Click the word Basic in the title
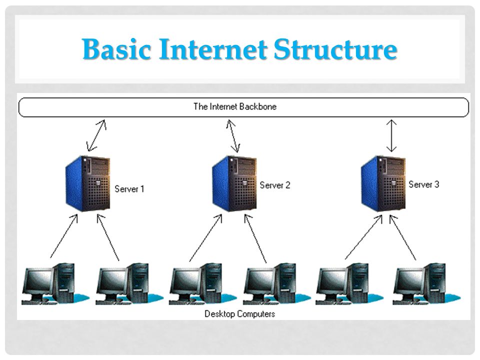(x=116, y=49)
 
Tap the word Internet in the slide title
(x=213, y=49)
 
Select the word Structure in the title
(x=335, y=49)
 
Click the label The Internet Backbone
(x=235, y=106)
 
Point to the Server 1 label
(x=129, y=189)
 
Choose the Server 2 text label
(x=275, y=185)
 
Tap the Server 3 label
(x=423, y=184)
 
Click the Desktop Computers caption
(x=239, y=314)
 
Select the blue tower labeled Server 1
(x=88, y=183)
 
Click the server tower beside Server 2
(x=234, y=183)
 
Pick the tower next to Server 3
(x=383, y=183)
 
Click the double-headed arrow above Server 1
(x=96, y=135)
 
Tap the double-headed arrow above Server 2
(x=233, y=136)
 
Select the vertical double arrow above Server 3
(x=391, y=135)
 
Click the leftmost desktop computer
(x=55, y=284)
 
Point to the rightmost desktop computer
(x=426, y=284)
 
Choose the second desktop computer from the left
(x=129, y=284)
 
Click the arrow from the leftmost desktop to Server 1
(x=64, y=235)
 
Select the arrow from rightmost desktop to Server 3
(x=402, y=237)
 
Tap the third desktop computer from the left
(x=202, y=284)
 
